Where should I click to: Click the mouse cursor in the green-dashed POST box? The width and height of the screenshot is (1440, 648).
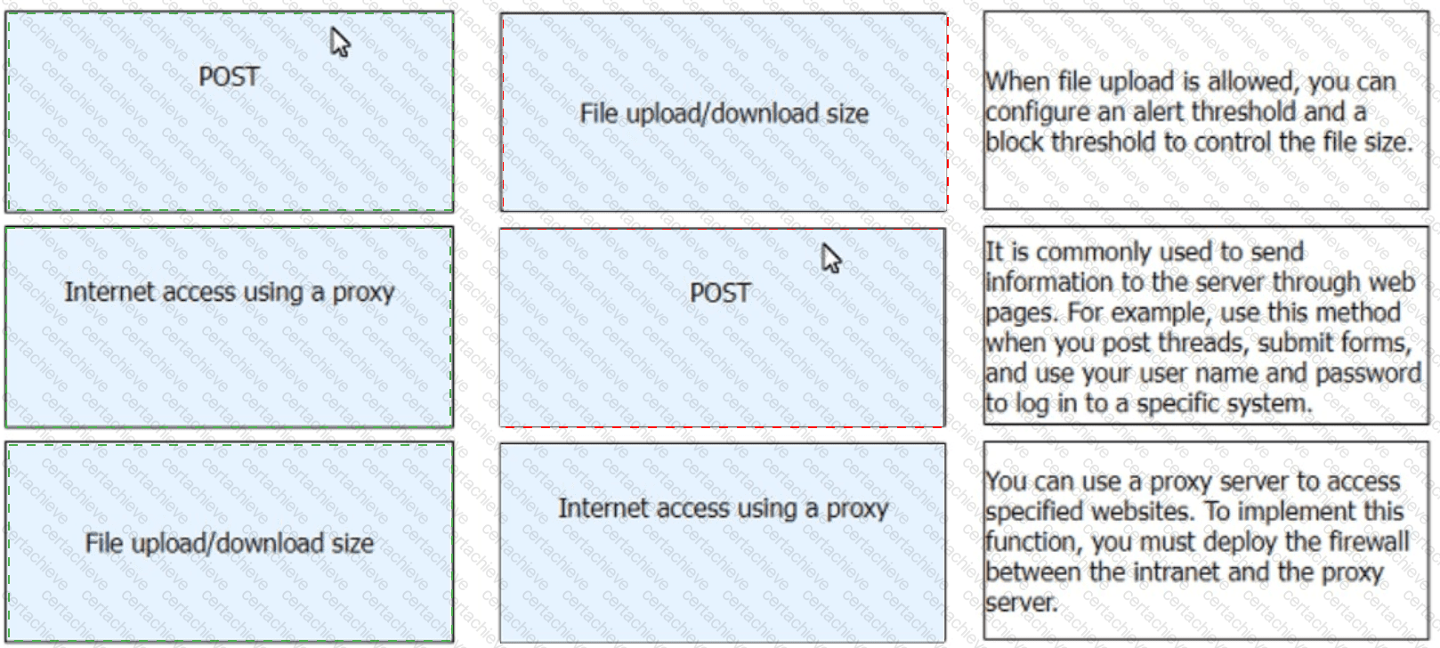click(339, 41)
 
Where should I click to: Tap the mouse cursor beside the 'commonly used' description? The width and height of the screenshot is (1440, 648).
click(831, 258)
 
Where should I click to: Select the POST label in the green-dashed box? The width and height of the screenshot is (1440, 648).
click(229, 77)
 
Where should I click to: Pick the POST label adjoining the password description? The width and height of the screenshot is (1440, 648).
click(720, 293)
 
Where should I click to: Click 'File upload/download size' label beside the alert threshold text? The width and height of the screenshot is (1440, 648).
click(724, 114)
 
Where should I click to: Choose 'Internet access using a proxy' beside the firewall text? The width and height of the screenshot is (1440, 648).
click(723, 508)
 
